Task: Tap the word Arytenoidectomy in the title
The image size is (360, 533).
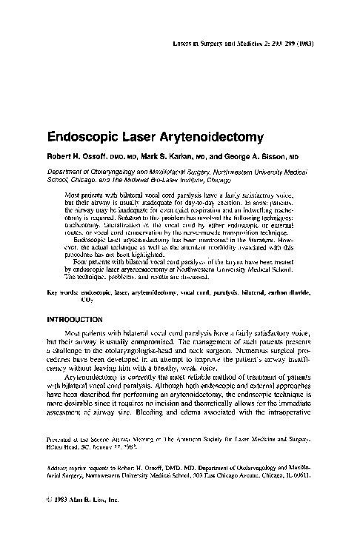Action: click(201, 137)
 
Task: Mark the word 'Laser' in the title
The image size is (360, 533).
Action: click(134, 137)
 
